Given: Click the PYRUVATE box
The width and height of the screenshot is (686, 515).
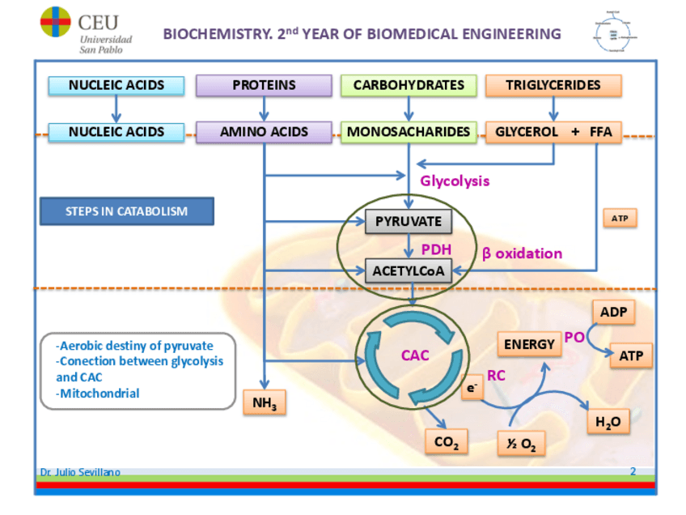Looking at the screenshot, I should point(408,221).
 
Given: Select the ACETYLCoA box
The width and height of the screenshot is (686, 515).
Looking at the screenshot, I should point(409,271).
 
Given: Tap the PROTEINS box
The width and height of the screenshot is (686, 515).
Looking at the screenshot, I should point(264,85).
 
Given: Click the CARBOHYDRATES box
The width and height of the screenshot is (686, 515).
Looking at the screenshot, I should point(409,85).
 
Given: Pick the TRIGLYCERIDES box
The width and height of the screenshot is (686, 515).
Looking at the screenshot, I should point(553,85).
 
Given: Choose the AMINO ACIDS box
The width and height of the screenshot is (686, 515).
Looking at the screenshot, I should point(264,132).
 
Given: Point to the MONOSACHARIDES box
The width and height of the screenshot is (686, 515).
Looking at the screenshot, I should point(409,132).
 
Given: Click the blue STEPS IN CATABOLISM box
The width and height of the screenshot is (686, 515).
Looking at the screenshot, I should point(127,211).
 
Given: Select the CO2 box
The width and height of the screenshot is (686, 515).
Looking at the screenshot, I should point(447,441).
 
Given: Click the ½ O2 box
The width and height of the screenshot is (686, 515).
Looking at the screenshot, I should point(521,444).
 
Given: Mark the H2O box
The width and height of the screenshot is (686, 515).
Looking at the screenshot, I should point(607,422).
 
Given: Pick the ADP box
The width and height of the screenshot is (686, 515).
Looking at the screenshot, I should point(613,312).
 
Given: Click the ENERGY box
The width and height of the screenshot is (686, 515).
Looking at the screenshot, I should point(529,344).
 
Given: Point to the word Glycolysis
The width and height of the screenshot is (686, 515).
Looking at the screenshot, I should point(454,181).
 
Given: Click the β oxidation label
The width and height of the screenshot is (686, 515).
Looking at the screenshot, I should point(522,253).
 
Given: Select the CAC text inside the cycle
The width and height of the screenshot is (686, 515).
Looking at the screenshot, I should point(415,355).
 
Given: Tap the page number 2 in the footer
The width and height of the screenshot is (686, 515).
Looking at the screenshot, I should point(633,470).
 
